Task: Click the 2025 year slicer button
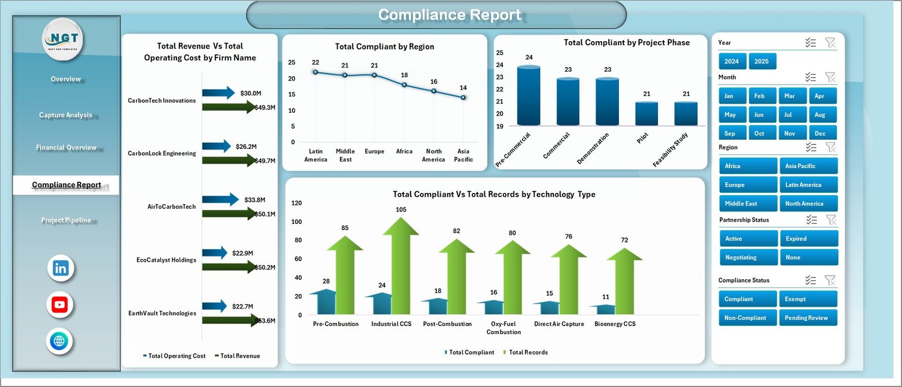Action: click(x=762, y=61)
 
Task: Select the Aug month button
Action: click(x=822, y=115)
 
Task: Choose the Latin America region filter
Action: click(x=808, y=185)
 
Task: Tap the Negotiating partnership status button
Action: click(x=748, y=257)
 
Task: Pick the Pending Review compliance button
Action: click(x=807, y=318)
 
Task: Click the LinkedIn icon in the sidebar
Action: click(x=60, y=268)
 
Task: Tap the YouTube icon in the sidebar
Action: click(x=60, y=305)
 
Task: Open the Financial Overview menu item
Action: click(x=66, y=148)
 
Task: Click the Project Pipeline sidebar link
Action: click(x=66, y=220)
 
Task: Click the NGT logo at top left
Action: click(x=64, y=39)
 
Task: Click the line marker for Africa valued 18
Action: click(x=404, y=85)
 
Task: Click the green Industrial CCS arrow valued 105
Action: click(x=401, y=265)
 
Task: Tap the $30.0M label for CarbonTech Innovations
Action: click(x=250, y=93)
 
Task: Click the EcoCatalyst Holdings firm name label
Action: click(x=166, y=260)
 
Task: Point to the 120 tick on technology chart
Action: click(x=297, y=203)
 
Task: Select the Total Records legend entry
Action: click(x=528, y=353)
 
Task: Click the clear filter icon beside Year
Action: click(x=830, y=43)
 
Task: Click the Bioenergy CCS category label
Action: click(x=614, y=324)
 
